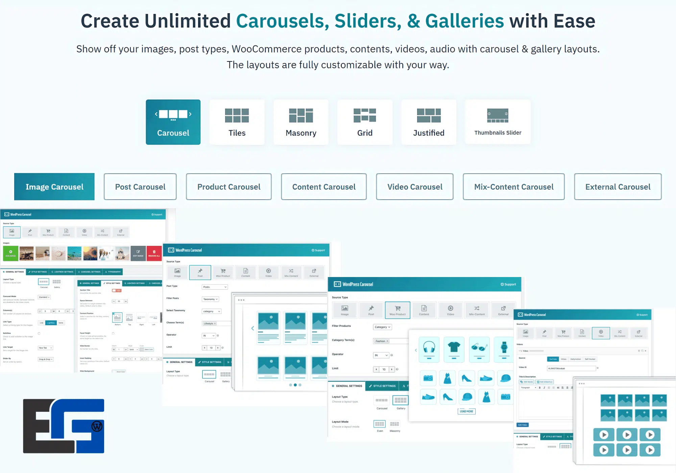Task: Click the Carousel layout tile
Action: (x=173, y=122)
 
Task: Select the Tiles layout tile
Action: (x=237, y=122)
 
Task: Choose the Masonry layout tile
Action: (x=301, y=122)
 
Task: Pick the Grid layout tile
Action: (x=365, y=122)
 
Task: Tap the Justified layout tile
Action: (x=429, y=122)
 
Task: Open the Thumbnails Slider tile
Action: (x=498, y=122)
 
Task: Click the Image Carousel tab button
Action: (x=54, y=187)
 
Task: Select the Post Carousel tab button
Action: (x=140, y=187)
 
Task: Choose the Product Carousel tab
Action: (x=229, y=187)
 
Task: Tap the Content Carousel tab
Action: (x=324, y=187)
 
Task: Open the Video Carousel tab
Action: (x=415, y=187)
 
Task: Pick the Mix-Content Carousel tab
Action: (x=514, y=187)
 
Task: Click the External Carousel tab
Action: (x=618, y=187)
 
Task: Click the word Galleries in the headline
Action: (x=464, y=21)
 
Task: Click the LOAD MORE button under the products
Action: (x=466, y=411)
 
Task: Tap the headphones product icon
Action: (x=429, y=349)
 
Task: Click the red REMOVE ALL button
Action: (x=154, y=253)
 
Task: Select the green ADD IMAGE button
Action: (x=10, y=253)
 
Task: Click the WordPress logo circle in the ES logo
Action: (x=97, y=426)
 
